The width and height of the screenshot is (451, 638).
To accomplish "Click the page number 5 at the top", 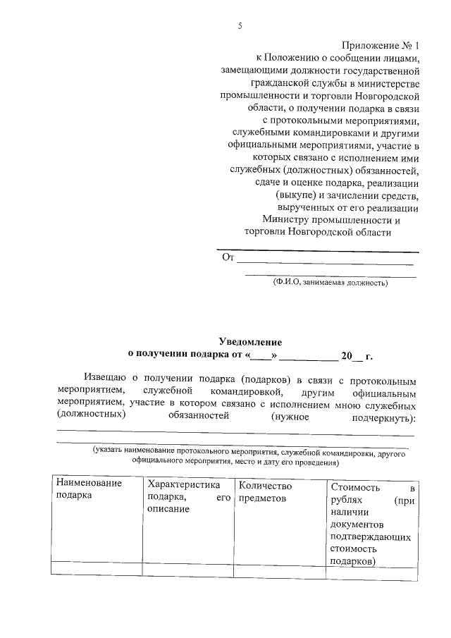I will (x=240, y=26).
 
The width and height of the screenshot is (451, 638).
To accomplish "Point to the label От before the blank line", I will (x=228, y=258).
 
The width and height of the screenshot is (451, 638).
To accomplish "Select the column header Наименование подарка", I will (x=89, y=490).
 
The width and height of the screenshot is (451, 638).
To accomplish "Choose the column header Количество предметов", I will (x=266, y=492).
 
